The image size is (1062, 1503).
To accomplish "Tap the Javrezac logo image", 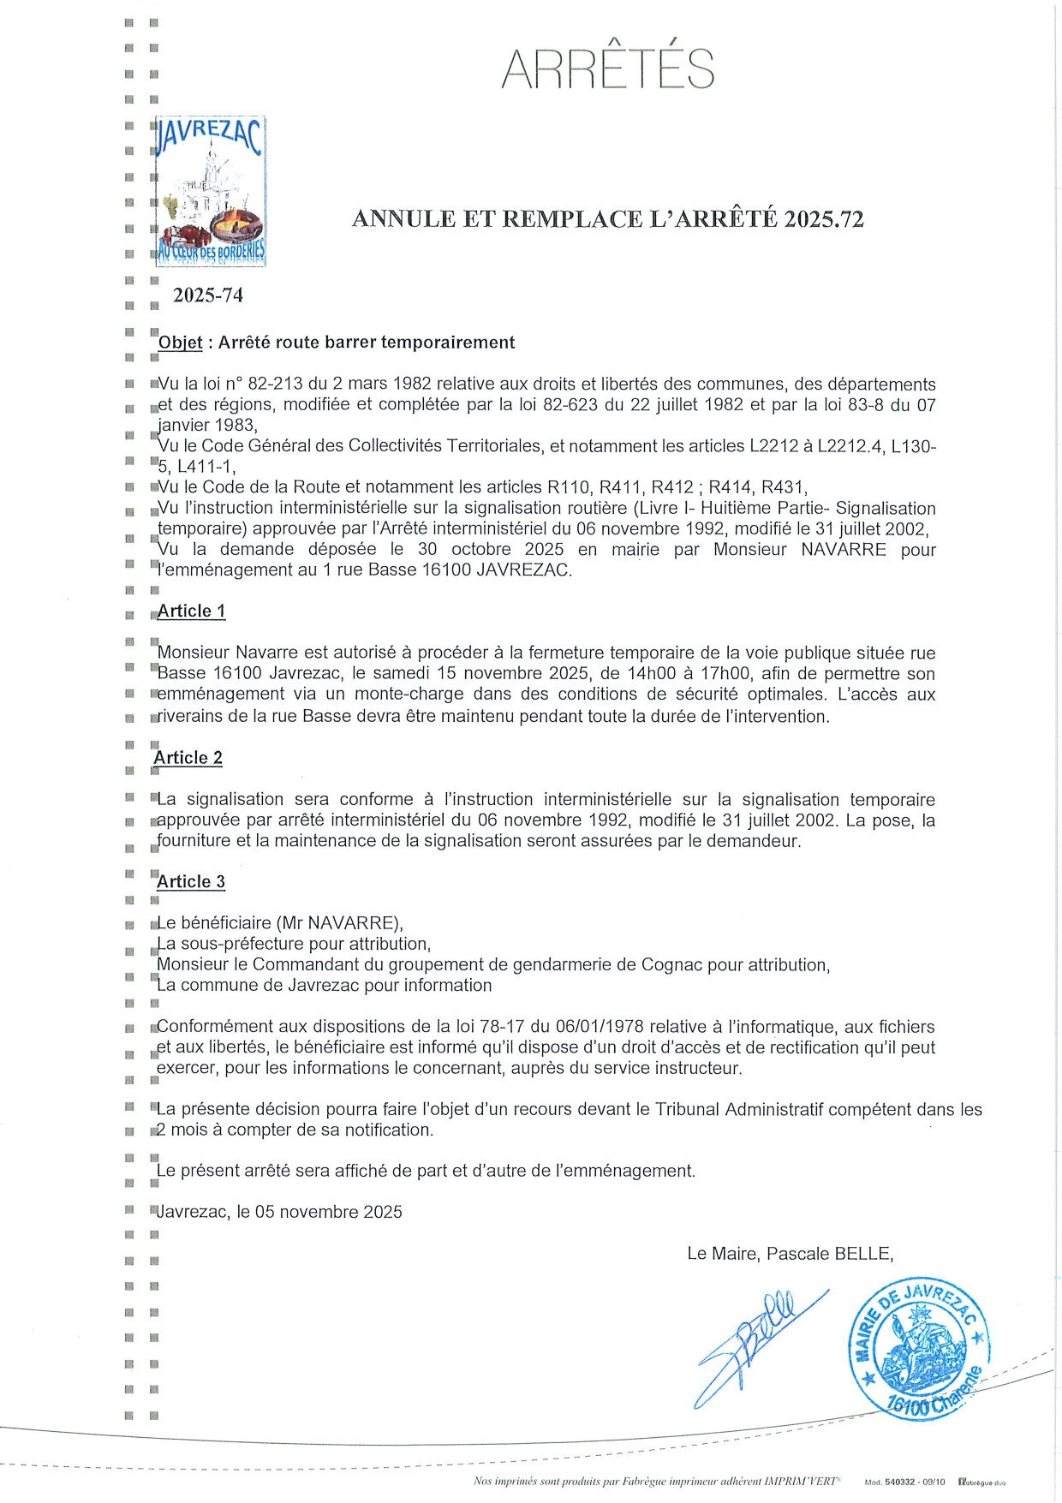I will click(210, 191).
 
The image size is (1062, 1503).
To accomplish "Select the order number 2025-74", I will click(208, 295).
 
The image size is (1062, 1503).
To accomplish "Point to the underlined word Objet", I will click(181, 343).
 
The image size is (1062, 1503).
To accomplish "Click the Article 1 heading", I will click(191, 611).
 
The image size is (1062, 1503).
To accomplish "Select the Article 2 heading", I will click(188, 758).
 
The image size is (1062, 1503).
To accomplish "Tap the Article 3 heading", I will click(191, 882).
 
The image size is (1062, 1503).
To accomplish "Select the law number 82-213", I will click(258, 385).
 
